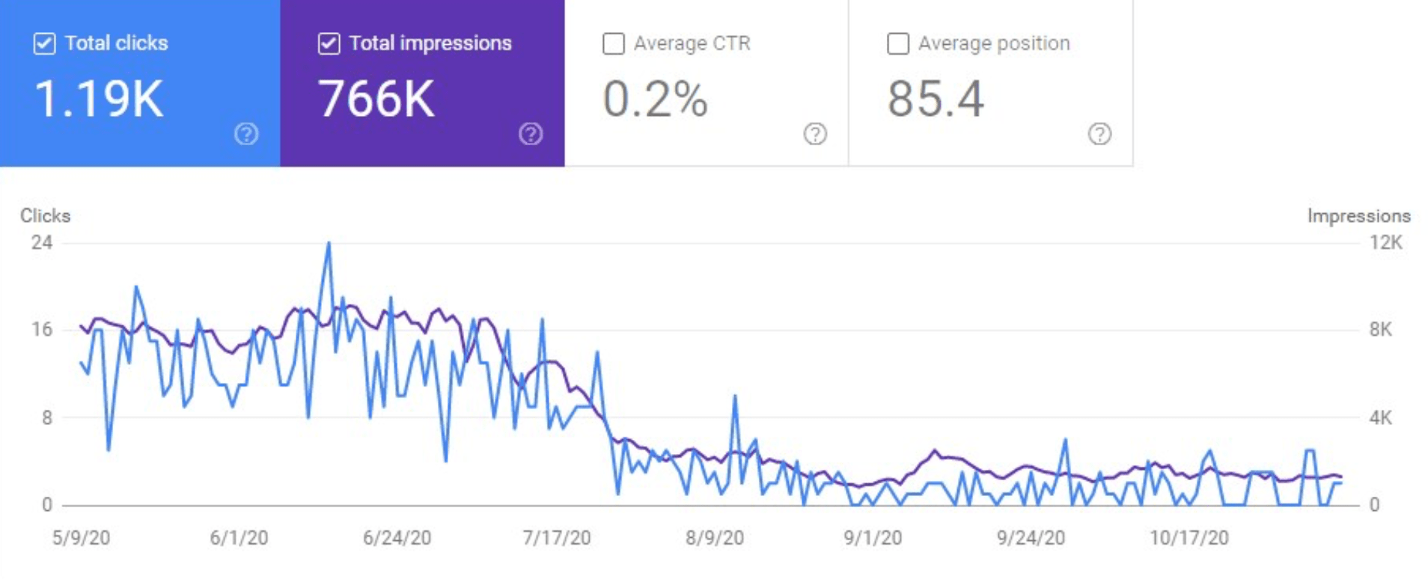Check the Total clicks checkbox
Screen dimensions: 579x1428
[x=45, y=43]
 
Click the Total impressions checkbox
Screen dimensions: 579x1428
[x=329, y=43]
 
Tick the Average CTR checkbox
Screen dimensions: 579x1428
[x=613, y=43]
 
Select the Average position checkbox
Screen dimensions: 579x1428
[x=897, y=43]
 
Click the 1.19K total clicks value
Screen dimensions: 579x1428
[x=99, y=99]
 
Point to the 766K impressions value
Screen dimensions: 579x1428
[x=376, y=99]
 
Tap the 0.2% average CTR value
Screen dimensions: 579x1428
[x=655, y=99]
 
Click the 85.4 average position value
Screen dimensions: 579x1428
[x=936, y=99]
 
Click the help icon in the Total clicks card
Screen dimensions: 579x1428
[x=246, y=134]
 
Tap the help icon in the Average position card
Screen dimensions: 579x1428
[x=1099, y=134]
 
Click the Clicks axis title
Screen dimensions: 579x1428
[x=45, y=215]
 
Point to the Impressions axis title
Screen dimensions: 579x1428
[x=1358, y=215]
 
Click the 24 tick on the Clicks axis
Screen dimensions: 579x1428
[x=42, y=242]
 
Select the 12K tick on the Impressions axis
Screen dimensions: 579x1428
[x=1385, y=242]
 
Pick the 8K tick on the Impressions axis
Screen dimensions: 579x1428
[x=1381, y=329]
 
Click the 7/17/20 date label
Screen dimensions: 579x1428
[x=556, y=537]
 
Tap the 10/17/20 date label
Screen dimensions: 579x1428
[x=1189, y=537]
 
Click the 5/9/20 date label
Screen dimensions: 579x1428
[x=81, y=537]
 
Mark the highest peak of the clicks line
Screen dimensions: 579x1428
[x=329, y=243]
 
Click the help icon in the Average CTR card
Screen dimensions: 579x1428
[x=815, y=134]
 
